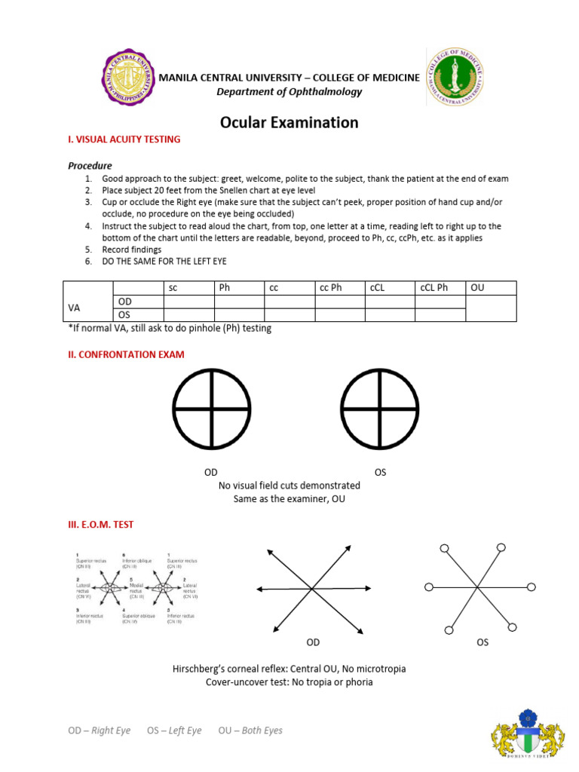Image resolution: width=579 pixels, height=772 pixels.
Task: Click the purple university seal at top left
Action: click(128, 78)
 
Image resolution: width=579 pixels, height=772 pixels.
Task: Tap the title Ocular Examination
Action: click(289, 122)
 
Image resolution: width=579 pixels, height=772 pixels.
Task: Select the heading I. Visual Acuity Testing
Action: click(124, 140)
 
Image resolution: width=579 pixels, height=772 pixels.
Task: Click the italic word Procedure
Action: click(90, 165)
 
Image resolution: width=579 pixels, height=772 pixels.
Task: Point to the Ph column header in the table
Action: click(225, 288)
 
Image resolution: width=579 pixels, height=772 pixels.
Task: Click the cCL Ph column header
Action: click(433, 288)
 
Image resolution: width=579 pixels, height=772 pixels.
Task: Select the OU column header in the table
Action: click(478, 288)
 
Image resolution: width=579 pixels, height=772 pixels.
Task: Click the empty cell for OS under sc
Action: click(188, 314)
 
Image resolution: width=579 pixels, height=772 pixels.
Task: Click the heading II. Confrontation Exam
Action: click(126, 354)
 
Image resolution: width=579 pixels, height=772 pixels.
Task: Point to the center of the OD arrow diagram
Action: click(312, 589)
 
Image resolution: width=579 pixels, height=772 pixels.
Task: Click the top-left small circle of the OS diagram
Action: click(444, 548)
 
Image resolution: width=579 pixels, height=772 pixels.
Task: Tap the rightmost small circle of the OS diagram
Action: click(532, 587)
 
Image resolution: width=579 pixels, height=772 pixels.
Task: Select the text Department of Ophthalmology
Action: click(289, 92)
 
